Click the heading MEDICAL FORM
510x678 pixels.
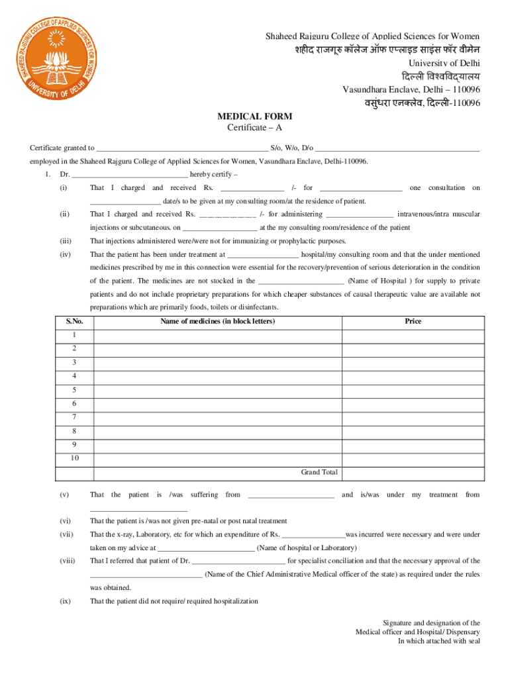coord(255,116)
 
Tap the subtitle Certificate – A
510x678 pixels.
coord(255,127)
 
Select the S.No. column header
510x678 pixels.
coord(75,322)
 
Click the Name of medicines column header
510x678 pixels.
coord(217,322)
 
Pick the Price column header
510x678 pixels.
coord(413,322)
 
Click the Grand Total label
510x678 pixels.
coord(319,472)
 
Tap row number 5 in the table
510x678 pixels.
coord(75,389)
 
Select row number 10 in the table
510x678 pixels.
coord(75,458)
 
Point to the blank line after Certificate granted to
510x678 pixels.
coord(182,148)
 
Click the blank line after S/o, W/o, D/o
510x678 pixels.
coord(397,148)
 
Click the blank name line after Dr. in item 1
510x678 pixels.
coord(130,175)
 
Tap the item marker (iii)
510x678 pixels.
coord(64,241)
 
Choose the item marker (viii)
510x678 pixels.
coord(64,561)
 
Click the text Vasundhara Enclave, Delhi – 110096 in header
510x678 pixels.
coord(411,89)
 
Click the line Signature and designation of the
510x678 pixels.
coord(431,623)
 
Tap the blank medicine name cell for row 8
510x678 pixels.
coord(217,430)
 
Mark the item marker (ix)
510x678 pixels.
coord(64,601)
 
